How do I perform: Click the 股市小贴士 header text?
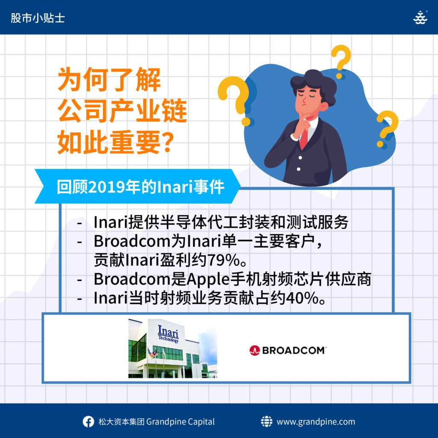click(x=38, y=18)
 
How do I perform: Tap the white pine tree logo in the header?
click(x=420, y=18)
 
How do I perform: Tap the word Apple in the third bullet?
click(x=208, y=279)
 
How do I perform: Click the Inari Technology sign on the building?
click(x=168, y=334)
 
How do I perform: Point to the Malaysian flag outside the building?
click(x=152, y=353)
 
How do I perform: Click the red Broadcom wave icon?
click(x=255, y=350)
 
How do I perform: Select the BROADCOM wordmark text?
click(x=294, y=350)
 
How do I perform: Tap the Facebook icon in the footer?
click(x=88, y=421)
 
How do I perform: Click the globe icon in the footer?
click(x=266, y=421)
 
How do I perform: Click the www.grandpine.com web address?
click(x=316, y=422)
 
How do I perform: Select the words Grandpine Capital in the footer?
click(x=181, y=422)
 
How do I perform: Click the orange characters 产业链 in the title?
click(x=148, y=111)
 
